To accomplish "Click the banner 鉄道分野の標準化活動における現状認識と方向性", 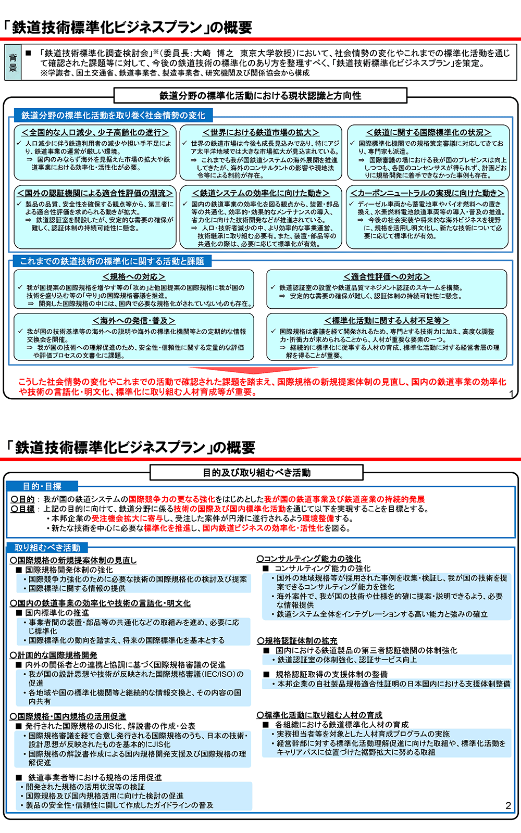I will pos(260,96).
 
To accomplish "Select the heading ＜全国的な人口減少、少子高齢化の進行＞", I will pos(95,133).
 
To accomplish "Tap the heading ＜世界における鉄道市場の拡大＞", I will pos(260,133).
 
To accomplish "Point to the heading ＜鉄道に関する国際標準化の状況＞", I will pos(428,133).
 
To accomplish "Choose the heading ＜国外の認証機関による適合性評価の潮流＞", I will pos(95,193).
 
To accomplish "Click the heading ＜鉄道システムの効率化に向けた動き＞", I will pos(260,193).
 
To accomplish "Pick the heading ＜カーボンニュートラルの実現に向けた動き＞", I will pos(428,193).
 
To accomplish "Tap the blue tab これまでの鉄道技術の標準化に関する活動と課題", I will pos(111,261).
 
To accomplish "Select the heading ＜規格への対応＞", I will pos(134,277).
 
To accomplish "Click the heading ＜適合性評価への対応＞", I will pos(387,277).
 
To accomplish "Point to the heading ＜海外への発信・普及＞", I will pos(134,321).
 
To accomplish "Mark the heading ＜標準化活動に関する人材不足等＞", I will pos(387,321).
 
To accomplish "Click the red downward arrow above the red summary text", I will pos(260,371).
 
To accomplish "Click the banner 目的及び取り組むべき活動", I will pos(257,473).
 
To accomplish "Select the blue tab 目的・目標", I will pos(42,486).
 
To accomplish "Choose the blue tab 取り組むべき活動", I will pos(47,548).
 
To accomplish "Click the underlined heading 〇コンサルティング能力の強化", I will pos(308,559).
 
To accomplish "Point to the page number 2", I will pos(508,806).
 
